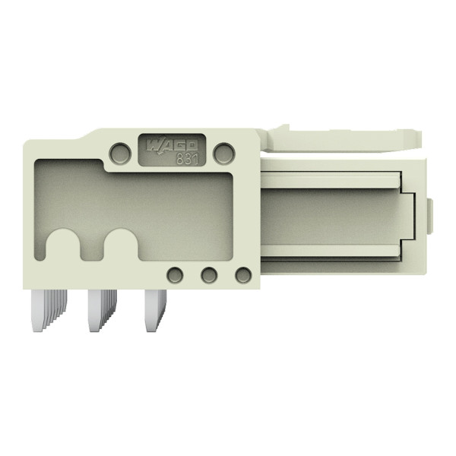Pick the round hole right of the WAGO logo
tap(223, 154)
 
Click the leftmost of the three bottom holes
tap(175, 274)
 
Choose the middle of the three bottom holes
tap(209, 274)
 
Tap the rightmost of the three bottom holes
tap(242, 274)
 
